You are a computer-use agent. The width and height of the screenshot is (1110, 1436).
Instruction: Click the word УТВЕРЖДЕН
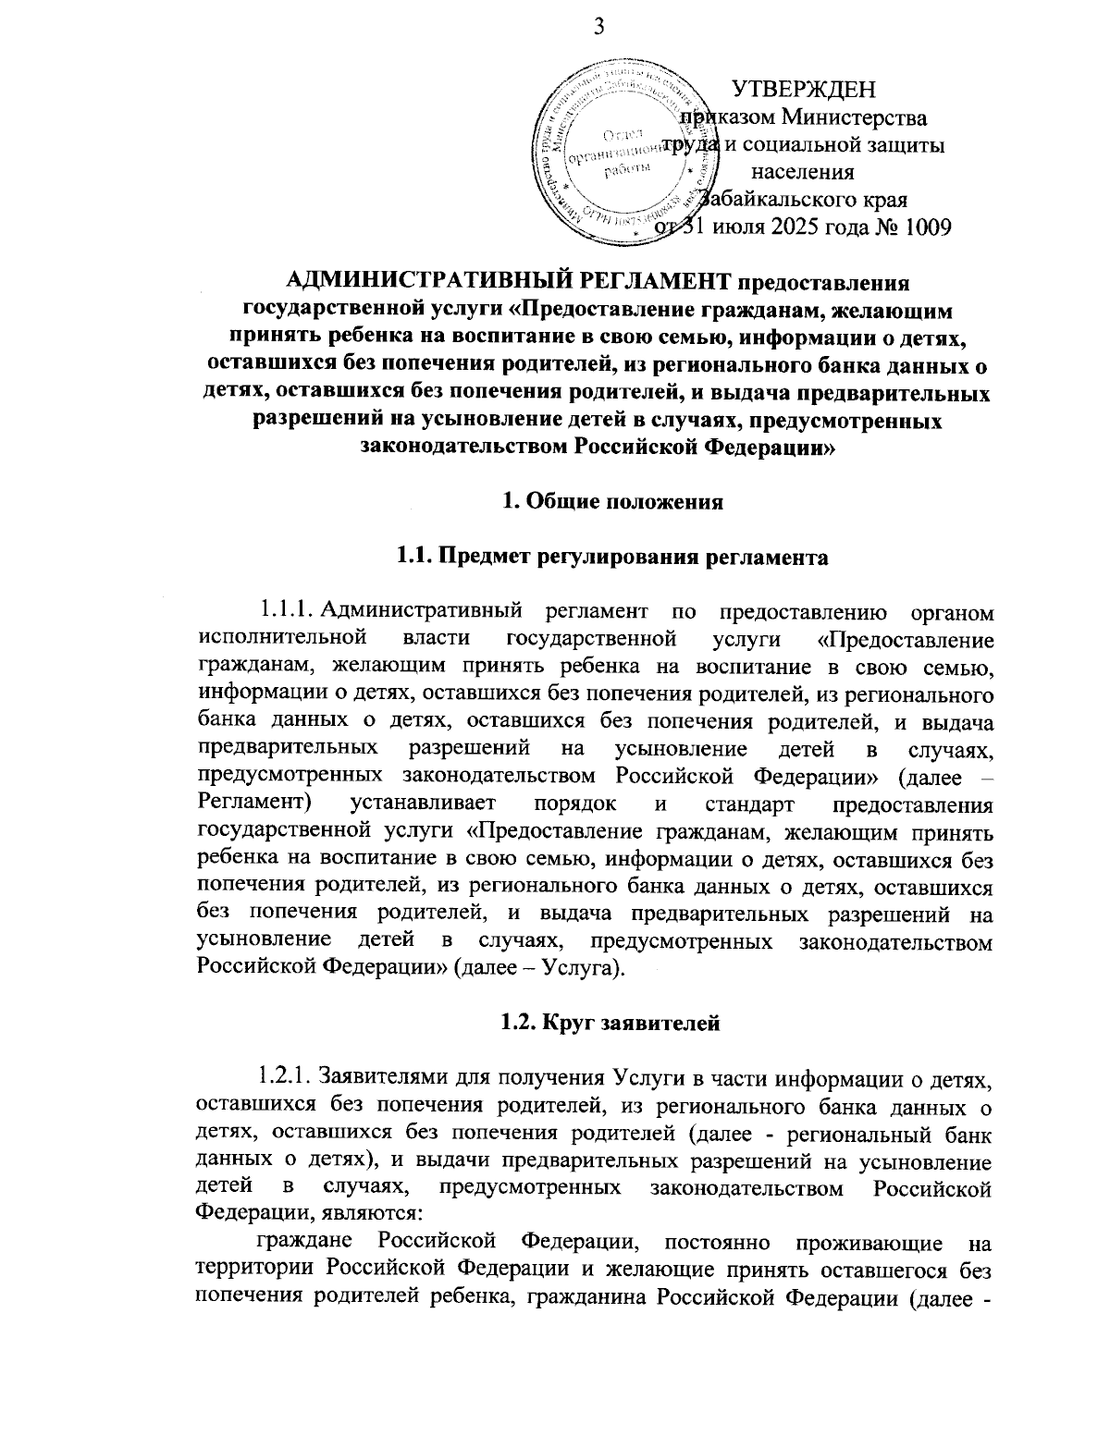(803, 89)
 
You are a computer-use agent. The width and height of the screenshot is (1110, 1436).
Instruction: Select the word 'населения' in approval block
(803, 172)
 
